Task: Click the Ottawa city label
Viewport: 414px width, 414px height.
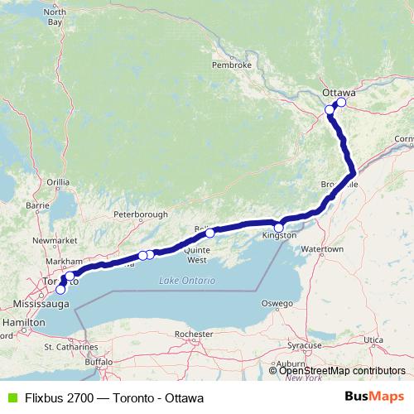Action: pyautogui.click(x=338, y=93)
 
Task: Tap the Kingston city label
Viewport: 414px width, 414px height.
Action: pyautogui.click(x=279, y=237)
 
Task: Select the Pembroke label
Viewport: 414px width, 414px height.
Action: pyautogui.click(x=231, y=64)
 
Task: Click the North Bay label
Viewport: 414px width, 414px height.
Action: pyautogui.click(x=54, y=17)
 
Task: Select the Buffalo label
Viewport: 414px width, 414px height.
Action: pyautogui.click(x=98, y=362)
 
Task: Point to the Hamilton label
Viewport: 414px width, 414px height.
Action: pyautogui.click(x=23, y=320)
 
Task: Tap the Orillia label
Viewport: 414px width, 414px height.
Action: pyautogui.click(x=58, y=181)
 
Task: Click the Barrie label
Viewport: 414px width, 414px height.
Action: pyautogui.click(x=38, y=205)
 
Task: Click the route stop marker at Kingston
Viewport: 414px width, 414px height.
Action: pyautogui.click(x=279, y=227)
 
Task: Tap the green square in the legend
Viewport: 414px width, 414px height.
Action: pyautogui.click(x=10, y=397)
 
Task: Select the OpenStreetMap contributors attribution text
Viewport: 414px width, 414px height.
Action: pyautogui.click(x=341, y=371)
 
